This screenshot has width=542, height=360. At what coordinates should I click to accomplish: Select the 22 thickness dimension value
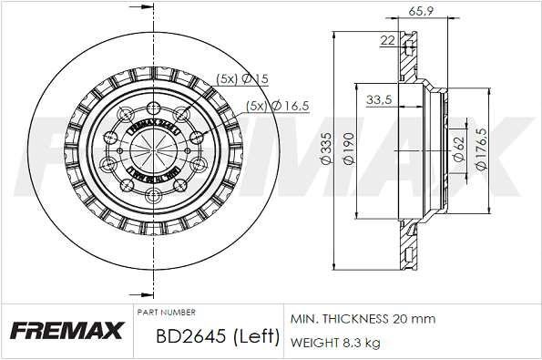(387, 40)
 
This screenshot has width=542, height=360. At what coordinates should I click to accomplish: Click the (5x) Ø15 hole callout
(241, 79)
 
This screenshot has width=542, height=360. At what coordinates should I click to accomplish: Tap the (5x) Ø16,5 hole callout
(278, 106)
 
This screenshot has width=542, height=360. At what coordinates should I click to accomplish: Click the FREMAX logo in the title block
(66, 330)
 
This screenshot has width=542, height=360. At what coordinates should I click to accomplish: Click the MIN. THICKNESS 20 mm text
(363, 319)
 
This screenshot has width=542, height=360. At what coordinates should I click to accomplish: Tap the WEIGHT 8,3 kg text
(334, 343)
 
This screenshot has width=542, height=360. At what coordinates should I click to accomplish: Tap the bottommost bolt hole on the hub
(152, 198)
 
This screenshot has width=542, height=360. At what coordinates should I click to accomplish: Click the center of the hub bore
(152, 151)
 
